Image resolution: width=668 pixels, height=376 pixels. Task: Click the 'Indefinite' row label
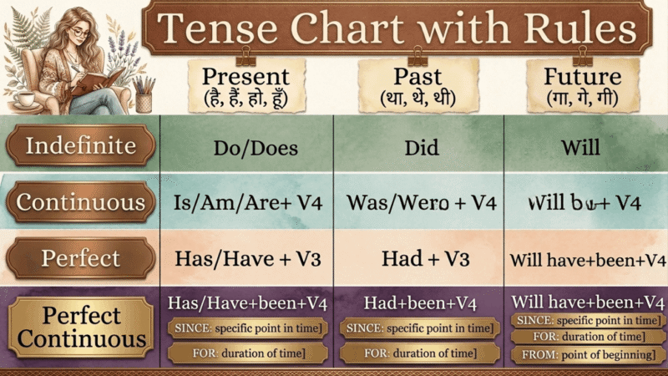coord(80,146)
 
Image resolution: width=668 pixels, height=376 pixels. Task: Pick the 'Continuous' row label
coord(80,202)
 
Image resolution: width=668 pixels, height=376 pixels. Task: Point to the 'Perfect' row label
coord(80,258)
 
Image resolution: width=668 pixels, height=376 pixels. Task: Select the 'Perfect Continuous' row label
coord(80,328)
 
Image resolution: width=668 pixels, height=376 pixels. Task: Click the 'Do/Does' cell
coord(246,147)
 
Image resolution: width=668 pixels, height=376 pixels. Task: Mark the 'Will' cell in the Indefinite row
coord(584,147)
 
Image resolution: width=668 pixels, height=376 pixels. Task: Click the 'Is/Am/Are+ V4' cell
coord(246,202)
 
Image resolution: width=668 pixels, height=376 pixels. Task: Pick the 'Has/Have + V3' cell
coord(246,258)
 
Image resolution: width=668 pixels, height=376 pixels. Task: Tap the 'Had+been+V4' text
coord(420,302)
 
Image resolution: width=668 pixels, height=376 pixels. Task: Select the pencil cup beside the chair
coord(144,98)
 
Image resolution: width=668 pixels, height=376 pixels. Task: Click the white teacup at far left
coord(15,99)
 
